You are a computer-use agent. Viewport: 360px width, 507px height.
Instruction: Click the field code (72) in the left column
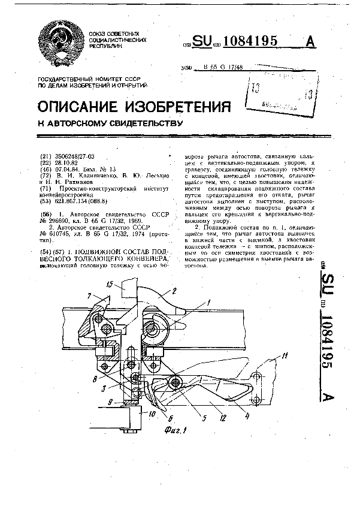click(44, 176)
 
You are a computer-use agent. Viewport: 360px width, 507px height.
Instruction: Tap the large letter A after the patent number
click(311, 41)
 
